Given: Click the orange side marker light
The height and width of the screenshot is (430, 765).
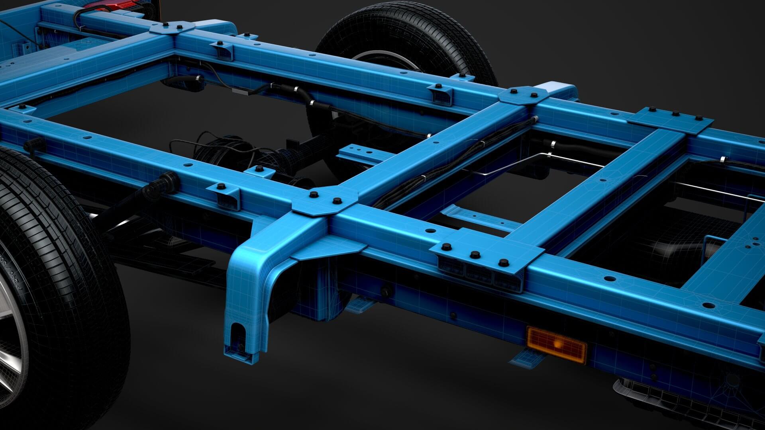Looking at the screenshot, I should [x=556, y=344].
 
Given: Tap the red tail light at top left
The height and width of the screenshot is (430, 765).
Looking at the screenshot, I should [x=120, y=5].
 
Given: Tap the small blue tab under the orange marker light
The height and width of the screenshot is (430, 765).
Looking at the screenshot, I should [x=522, y=358].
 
